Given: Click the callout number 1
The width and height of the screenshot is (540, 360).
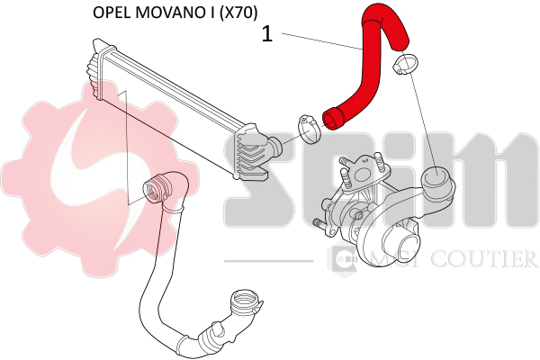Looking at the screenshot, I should tap(266, 34).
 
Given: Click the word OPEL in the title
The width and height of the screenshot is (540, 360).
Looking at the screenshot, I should tap(113, 13).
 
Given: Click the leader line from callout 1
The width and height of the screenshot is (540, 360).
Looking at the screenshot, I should tap(319, 41).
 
